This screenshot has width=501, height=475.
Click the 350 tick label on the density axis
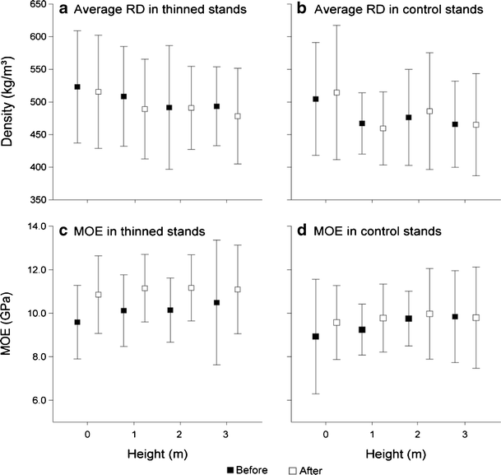click(x=34, y=200)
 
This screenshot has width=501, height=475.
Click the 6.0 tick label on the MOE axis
click(x=37, y=400)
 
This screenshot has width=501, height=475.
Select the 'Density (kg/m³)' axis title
click(x=9, y=104)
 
